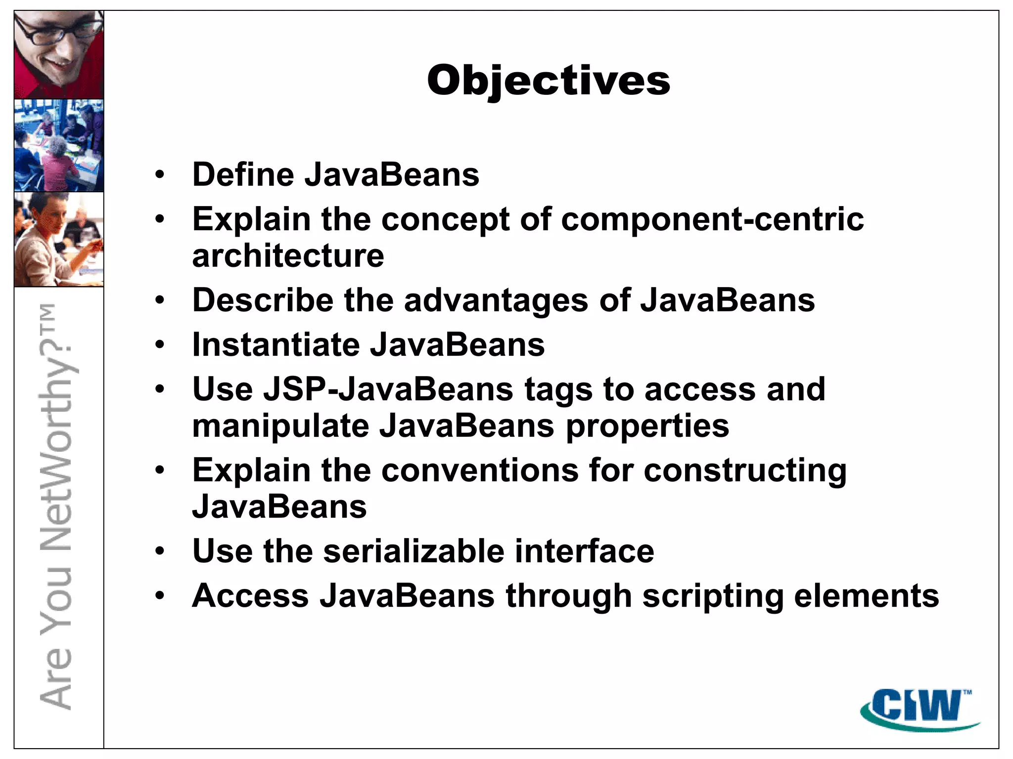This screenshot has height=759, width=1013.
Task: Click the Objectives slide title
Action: (548, 80)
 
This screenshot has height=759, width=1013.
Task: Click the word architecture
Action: (288, 255)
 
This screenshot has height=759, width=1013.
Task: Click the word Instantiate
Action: (276, 344)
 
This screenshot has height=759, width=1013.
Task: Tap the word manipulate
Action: (280, 426)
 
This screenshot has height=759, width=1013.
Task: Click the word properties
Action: (647, 426)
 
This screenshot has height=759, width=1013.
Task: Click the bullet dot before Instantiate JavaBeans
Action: (159, 344)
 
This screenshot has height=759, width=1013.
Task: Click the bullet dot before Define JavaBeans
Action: (159, 174)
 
